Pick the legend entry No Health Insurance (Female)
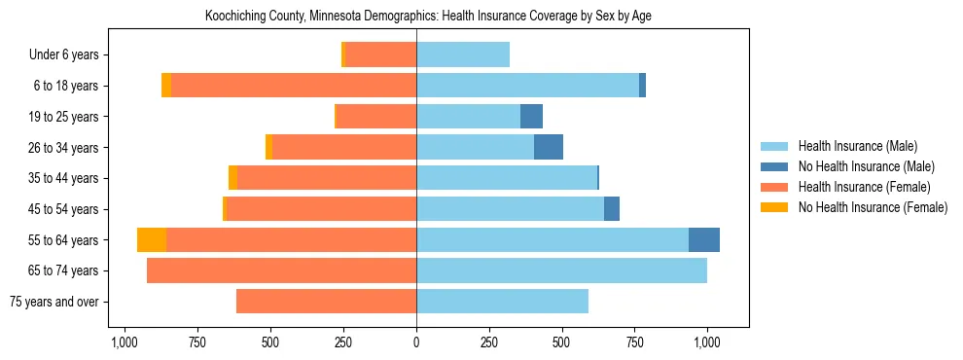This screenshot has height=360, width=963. coord(866,207)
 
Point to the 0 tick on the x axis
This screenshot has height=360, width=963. coord(416,342)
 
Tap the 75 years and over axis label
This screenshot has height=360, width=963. coord(53,302)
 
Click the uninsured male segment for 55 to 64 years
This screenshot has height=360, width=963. coord(703,240)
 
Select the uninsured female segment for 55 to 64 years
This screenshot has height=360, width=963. coord(152,240)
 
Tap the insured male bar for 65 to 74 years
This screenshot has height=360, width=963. coord(561,270)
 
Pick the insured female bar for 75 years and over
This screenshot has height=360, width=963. coord(326,302)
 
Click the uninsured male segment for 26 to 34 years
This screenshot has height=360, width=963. coord(549,148)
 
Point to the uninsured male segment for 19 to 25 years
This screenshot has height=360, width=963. coord(531,117)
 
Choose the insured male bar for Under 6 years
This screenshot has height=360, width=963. coord(463,55)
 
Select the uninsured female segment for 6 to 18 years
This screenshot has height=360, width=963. coord(166,86)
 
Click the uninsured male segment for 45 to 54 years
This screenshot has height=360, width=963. coord(612,209)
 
